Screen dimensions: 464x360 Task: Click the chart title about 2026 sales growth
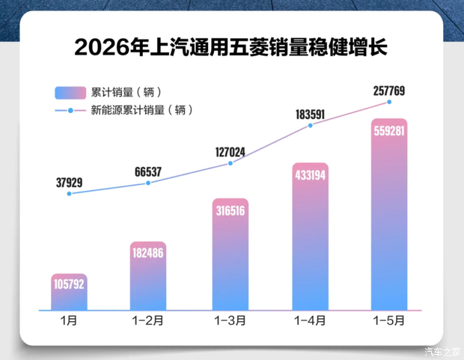pos(231,46)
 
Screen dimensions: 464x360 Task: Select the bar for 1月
pos(69,292)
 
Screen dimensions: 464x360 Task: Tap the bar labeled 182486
pos(148,276)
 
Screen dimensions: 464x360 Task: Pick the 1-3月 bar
pos(231,254)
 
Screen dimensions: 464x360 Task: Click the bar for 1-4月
pos(310,237)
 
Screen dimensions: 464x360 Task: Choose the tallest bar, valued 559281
pos(389,214)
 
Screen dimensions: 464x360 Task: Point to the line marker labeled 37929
pos(70,194)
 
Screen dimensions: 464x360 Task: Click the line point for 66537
pos(148,183)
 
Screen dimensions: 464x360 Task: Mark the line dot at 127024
pos(231,163)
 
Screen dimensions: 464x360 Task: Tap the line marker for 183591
pos(310,126)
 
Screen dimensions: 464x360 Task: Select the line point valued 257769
pos(389,102)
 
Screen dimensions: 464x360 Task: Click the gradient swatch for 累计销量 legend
pos(70,93)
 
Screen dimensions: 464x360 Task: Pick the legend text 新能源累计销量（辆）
pos(141,110)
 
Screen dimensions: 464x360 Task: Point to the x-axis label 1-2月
pos(147,320)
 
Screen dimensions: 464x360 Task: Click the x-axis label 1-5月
pos(389,320)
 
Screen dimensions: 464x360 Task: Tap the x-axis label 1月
pos(69,320)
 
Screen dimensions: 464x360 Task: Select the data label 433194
pos(310,175)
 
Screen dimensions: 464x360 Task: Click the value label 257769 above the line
pos(389,91)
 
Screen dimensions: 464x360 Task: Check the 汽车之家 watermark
pos(443,352)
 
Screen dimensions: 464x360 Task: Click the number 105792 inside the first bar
pos(69,284)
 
